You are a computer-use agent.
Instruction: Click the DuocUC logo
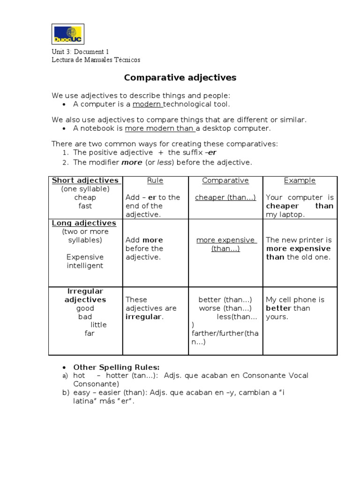tap(68, 33)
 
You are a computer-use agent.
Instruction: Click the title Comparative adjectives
tap(180, 77)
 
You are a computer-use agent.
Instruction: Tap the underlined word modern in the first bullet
tap(147, 104)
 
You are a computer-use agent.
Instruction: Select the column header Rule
tap(155, 180)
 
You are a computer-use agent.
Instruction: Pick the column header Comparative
tap(225, 180)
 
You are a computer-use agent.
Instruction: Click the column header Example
tap(300, 180)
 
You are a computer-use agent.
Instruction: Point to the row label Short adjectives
tap(85, 180)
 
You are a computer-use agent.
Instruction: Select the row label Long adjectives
tap(84, 223)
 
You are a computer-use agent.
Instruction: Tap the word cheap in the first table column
tap(85, 197)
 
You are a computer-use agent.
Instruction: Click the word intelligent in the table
tap(85, 266)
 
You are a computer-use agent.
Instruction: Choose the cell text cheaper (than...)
tap(225, 197)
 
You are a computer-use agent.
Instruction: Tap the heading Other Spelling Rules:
tap(117, 367)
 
